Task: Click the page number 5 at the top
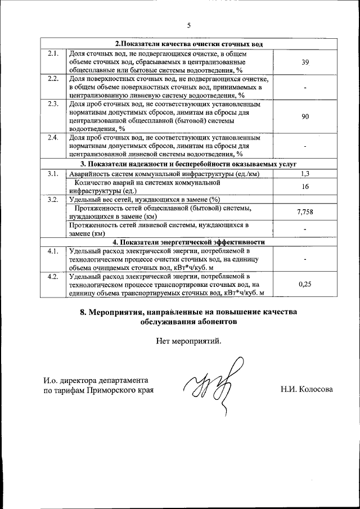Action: coord(189,25)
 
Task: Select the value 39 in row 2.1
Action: coord(305,62)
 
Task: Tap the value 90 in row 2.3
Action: coord(305,116)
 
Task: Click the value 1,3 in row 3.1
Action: coord(305,174)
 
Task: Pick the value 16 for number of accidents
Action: coord(305,186)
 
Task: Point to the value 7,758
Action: coord(305,211)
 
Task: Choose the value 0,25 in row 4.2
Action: coord(305,284)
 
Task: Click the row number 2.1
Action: coord(53,53)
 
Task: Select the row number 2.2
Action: coord(53,78)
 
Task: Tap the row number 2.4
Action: coord(53,137)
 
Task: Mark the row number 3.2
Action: coord(53,199)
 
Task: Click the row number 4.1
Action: coord(53,251)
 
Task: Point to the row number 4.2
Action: coord(53,276)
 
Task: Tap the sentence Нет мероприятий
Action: coord(189,340)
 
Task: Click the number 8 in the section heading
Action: coord(83,312)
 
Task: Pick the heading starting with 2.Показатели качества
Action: coord(189,44)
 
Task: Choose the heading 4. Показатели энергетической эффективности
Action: coord(189,242)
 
